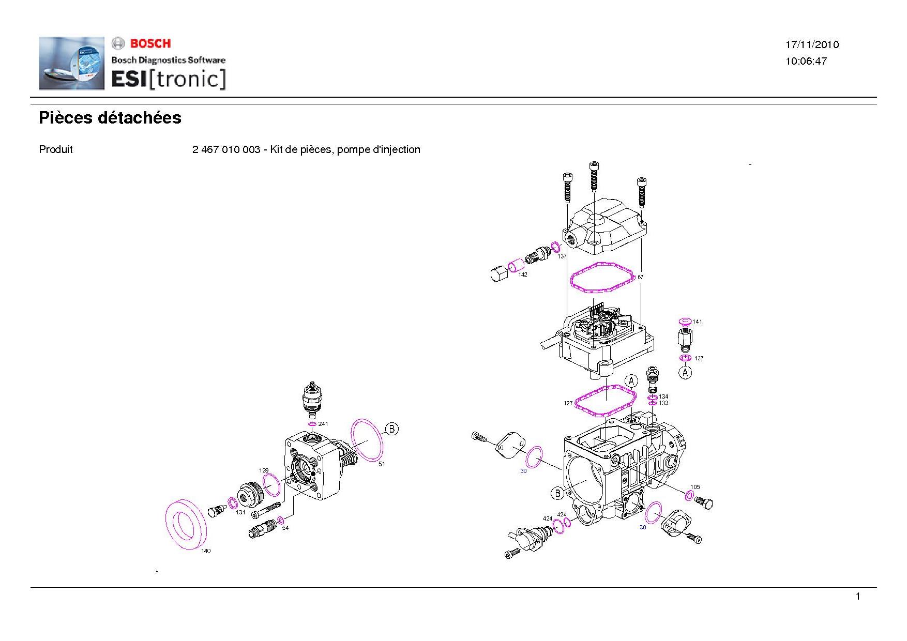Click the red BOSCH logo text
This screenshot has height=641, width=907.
(150, 43)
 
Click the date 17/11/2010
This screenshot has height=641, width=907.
(812, 45)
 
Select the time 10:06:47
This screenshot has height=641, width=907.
(806, 62)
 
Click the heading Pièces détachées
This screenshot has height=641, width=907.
(110, 118)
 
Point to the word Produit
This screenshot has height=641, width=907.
(56, 150)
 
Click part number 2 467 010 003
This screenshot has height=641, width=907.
(226, 150)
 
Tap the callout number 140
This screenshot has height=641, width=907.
(206, 551)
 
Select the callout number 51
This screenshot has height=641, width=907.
(382, 464)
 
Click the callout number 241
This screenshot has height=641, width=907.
(323, 424)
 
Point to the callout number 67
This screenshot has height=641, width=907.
(640, 277)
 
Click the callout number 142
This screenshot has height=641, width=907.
(523, 274)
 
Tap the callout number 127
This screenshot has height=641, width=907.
(568, 403)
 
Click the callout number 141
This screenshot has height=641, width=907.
(698, 322)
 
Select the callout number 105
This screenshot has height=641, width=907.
(695, 487)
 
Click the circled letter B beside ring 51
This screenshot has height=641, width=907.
(392, 429)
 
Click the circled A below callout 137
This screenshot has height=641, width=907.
(685, 372)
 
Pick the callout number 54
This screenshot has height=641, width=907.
(285, 528)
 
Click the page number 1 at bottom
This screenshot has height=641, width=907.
(858, 597)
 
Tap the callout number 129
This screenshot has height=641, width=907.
(264, 470)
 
